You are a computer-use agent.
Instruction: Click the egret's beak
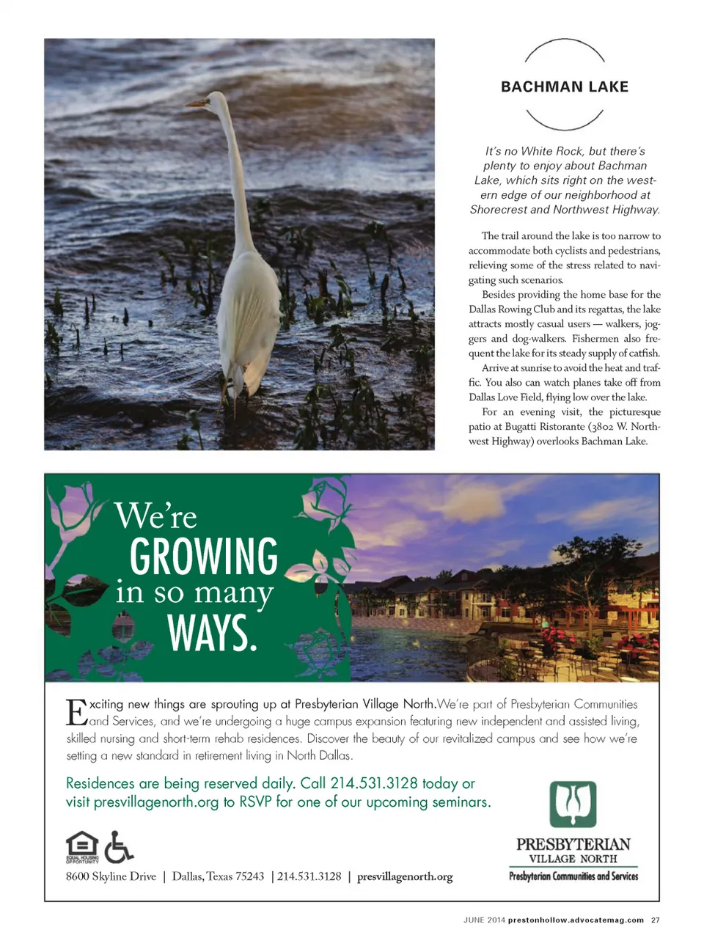[x=197, y=104]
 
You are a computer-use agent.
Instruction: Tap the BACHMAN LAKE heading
[x=565, y=87]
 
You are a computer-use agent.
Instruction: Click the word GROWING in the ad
[x=204, y=557]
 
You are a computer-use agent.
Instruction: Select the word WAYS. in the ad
[x=213, y=634]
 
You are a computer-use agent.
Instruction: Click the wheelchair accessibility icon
[x=118, y=847]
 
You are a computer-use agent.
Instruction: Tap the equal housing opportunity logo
[x=81, y=847]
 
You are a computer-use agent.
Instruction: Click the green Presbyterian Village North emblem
[x=573, y=804]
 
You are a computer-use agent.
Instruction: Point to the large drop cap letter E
[x=76, y=712]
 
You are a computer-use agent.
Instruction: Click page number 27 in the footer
[x=656, y=920]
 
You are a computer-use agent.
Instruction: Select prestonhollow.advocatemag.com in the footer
[x=576, y=920]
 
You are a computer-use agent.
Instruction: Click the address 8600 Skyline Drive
[x=111, y=876]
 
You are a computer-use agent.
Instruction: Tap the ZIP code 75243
[x=249, y=876]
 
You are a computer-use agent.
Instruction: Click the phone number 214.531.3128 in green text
[x=374, y=783]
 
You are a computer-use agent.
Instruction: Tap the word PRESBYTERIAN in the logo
[x=573, y=844]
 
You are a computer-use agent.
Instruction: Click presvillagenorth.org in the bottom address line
[x=405, y=876]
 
